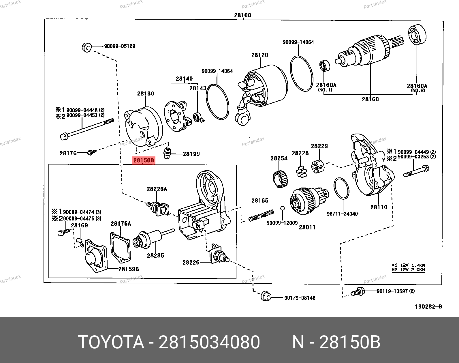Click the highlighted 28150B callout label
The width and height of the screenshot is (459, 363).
pos(144,160)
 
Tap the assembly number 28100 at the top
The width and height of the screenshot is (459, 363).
pos(242,15)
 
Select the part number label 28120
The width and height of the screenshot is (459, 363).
pos(259,55)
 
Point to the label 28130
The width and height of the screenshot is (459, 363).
pos(146,93)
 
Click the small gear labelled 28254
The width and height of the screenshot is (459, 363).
pos(280,179)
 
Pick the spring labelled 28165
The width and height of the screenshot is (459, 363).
pos(261,216)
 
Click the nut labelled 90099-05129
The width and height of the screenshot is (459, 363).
pos(86,47)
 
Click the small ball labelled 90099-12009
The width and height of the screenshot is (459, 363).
pos(283,208)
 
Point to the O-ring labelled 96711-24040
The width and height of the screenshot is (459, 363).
pos(341,188)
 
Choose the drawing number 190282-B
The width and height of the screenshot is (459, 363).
pos(428,307)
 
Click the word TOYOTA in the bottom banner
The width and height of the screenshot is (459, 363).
pos(111,342)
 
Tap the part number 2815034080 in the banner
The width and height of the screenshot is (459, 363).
pos(209,342)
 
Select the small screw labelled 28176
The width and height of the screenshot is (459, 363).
pos(92,152)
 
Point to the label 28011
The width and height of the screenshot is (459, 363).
pos(307,227)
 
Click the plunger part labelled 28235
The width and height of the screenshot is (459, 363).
pos(150,238)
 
